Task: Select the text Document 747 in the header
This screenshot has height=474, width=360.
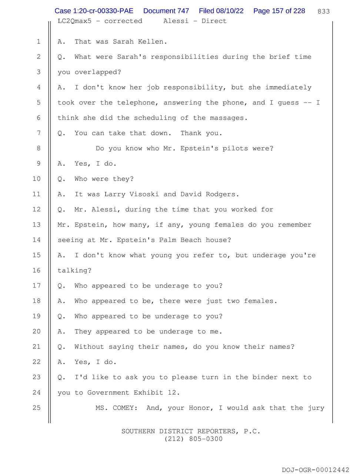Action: click(166, 11)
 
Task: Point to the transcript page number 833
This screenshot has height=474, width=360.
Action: click(324, 11)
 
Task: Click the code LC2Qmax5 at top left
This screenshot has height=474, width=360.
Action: click(74, 21)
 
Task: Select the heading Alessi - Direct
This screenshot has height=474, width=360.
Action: click(195, 21)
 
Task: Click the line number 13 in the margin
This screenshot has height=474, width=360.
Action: click(36, 224)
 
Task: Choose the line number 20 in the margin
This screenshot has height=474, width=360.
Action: click(36, 331)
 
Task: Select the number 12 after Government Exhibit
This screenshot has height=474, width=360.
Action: click(172, 393)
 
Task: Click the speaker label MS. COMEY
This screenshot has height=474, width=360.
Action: click(116, 408)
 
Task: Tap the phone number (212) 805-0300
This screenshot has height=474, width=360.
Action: click(191, 439)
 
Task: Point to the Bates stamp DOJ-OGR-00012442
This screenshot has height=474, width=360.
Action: click(315, 470)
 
